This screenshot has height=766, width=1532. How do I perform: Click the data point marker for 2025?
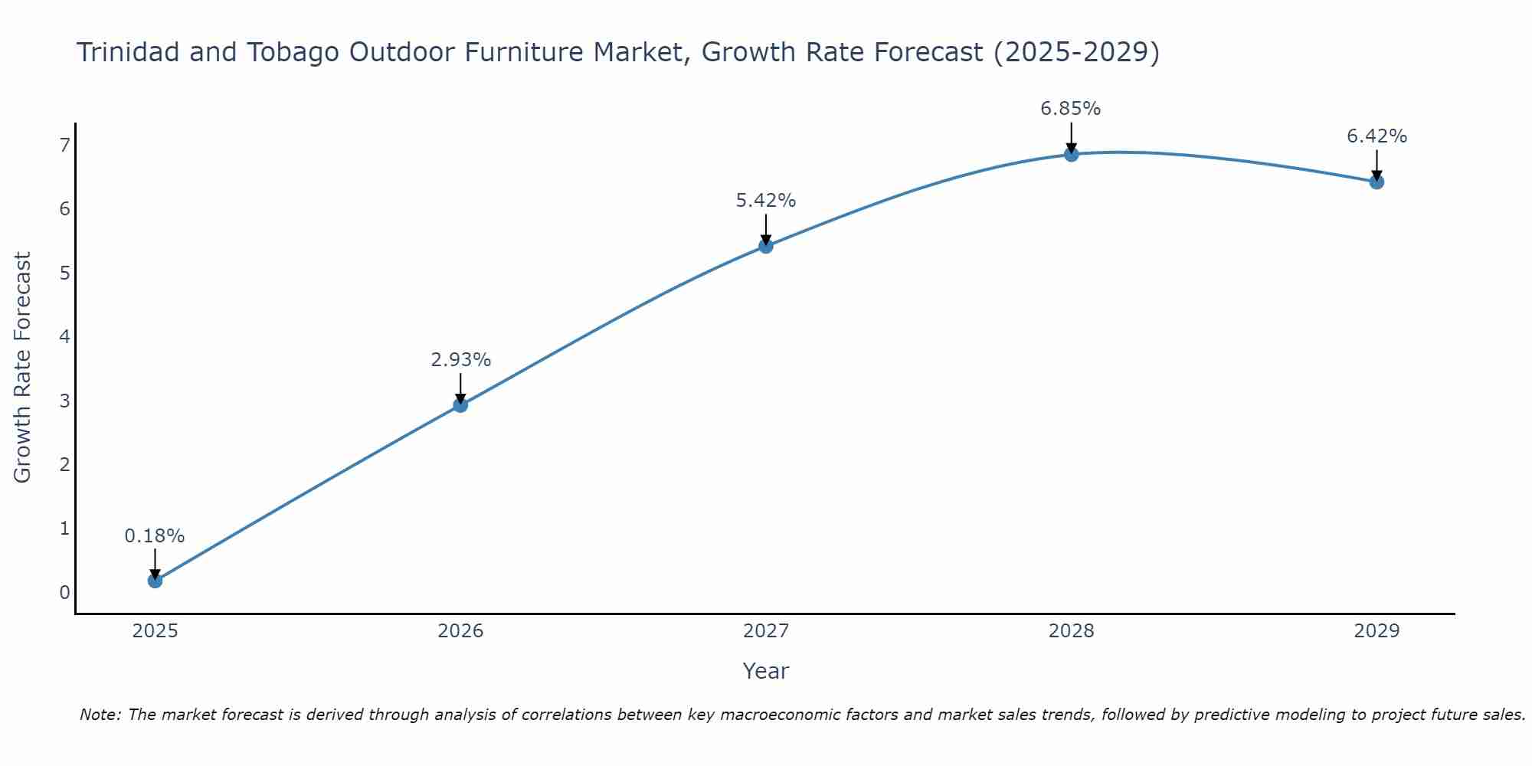click(x=155, y=581)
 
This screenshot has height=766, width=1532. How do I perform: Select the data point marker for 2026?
click(x=460, y=404)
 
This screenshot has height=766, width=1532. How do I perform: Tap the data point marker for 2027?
click(x=765, y=246)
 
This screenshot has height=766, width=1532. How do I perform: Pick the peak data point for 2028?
click(x=1071, y=155)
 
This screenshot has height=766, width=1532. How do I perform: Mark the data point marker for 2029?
click(x=1377, y=182)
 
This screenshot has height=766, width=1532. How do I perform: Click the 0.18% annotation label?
click(x=155, y=536)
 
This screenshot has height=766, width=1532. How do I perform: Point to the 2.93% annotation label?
click(x=460, y=360)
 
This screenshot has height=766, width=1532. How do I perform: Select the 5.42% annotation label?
click(x=765, y=201)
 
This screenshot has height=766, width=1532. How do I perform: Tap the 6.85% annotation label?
click(x=1070, y=109)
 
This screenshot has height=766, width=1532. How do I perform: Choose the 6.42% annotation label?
click(x=1377, y=136)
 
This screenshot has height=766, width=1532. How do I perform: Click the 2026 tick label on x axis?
click(x=460, y=631)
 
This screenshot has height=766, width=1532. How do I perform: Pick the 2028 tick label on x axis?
click(x=1071, y=631)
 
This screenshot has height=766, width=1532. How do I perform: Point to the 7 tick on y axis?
click(x=65, y=145)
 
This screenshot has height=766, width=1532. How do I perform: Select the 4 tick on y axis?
click(x=65, y=336)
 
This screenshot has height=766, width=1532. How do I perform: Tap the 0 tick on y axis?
click(x=65, y=592)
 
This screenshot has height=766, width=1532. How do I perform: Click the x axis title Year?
click(x=765, y=671)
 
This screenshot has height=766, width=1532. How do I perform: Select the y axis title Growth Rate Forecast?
click(x=23, y=368)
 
